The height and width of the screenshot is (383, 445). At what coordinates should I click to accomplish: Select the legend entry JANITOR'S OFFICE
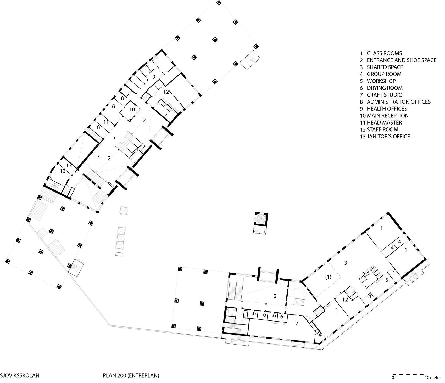click(385, 136)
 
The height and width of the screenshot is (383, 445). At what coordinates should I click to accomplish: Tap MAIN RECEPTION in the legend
click(384, 116)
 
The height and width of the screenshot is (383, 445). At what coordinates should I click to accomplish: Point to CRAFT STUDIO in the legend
click(381, 95)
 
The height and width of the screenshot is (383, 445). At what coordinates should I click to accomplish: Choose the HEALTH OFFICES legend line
click(383, 109)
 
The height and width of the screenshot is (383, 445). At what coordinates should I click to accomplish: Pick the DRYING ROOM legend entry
click(381, 88)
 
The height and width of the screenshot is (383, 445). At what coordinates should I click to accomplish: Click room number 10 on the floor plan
click(132, 109)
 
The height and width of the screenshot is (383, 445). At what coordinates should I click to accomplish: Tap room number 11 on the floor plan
click(106, 122)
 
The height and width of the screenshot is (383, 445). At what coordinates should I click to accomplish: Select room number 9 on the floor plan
click(154, 77)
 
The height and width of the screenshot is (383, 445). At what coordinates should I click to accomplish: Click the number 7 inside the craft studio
click(297, 324)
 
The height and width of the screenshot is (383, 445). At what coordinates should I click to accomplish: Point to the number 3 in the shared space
click(346, 263)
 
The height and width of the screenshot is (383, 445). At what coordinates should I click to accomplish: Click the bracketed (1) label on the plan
click(328, 277)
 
